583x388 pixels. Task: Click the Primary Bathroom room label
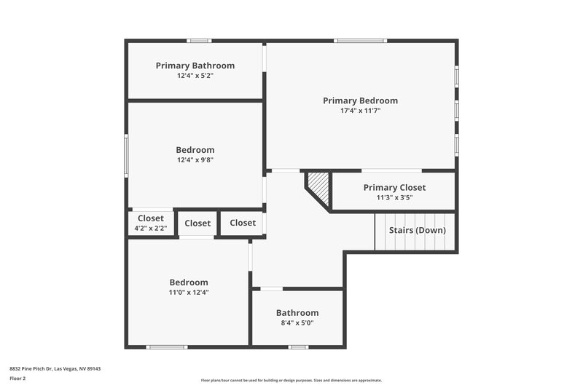click(x=195, y=66)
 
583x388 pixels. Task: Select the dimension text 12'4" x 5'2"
click(x=195, y=76)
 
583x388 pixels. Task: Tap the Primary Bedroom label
click(x=360, y=100)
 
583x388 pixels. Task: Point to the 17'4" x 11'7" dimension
click(x=360, y=111)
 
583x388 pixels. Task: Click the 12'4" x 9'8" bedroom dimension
click(x=195, y=160)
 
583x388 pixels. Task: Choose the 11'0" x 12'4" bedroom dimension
click(x=189, y=293)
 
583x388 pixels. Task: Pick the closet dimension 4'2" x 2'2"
click(x=151, y=229)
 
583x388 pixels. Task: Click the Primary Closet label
click(x=394, y=187)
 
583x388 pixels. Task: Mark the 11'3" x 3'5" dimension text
click(x=394, y=197)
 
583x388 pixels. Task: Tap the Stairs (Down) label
click(x=417, y=230)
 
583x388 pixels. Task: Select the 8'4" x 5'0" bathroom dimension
click(x=297, y=323)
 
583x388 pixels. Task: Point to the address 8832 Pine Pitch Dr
click(x=55, y=368)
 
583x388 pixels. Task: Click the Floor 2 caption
click(x=17, y=379)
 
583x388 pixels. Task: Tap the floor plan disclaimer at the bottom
click(x=291, y=380)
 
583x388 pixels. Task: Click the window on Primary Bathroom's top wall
click(x=199, y=41)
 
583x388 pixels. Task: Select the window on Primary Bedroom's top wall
click(x=361, y=41)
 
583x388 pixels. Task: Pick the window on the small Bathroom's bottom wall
click(x=298, y=347)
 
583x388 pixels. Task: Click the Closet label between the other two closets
click(x=197, y=223)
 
